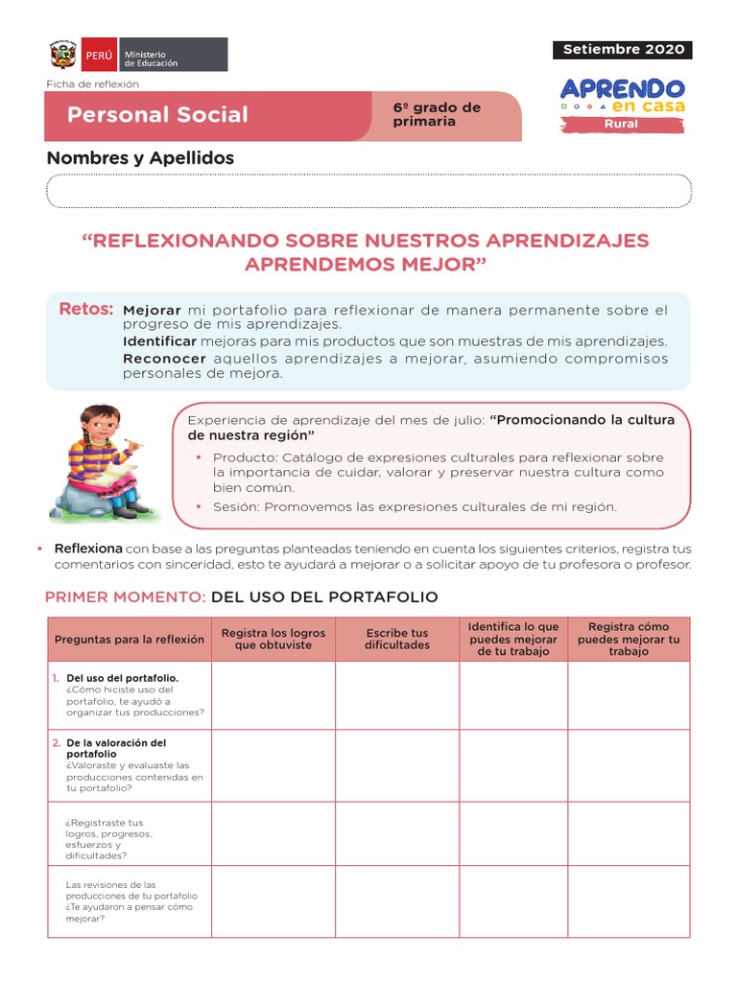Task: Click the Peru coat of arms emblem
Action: pos(63,55)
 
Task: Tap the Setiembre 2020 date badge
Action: pos(623,49)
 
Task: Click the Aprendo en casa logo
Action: pos(622,96)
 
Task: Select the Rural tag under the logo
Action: pos(622,124)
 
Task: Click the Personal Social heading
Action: pos(157,115)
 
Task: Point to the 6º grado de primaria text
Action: pos(437,114)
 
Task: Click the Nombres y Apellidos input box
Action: pos(368,191)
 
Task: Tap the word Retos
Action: pos(85,309)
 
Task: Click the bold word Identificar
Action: pos(159,341)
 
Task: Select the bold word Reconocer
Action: pos(164,358)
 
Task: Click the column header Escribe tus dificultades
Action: pos(396,639)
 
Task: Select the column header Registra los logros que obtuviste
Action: pos(273,639)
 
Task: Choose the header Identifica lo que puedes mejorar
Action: pos(512,639)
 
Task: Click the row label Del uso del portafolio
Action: pos(122,678)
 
